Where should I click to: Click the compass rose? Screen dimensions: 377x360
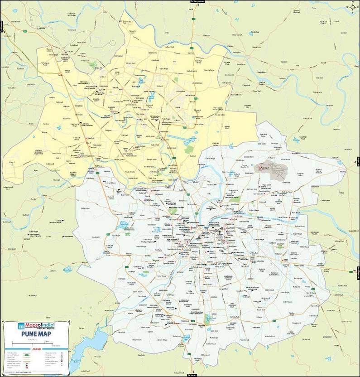[352, 7]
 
